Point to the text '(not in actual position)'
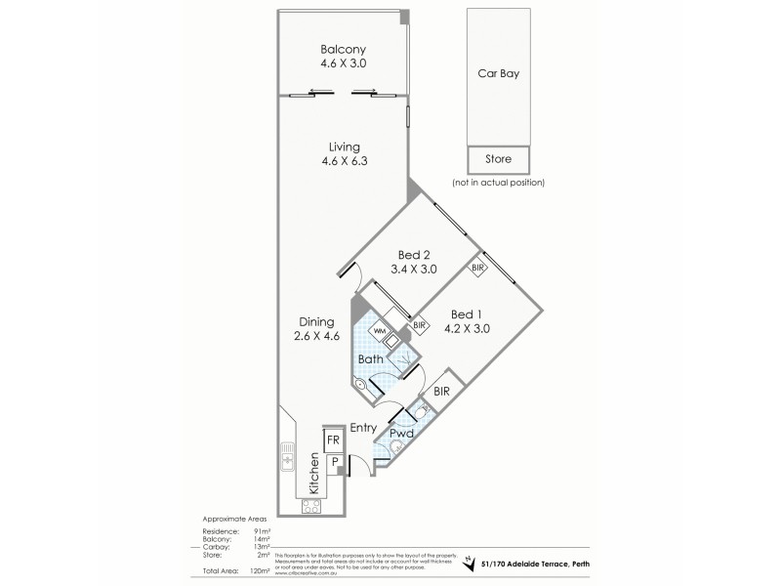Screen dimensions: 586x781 pos(498,183)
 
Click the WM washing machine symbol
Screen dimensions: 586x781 pos(377,330)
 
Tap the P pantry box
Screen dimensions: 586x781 pos(332,461)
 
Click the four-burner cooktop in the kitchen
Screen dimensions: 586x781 pos(311,505)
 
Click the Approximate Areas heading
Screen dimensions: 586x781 pos(235,520)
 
